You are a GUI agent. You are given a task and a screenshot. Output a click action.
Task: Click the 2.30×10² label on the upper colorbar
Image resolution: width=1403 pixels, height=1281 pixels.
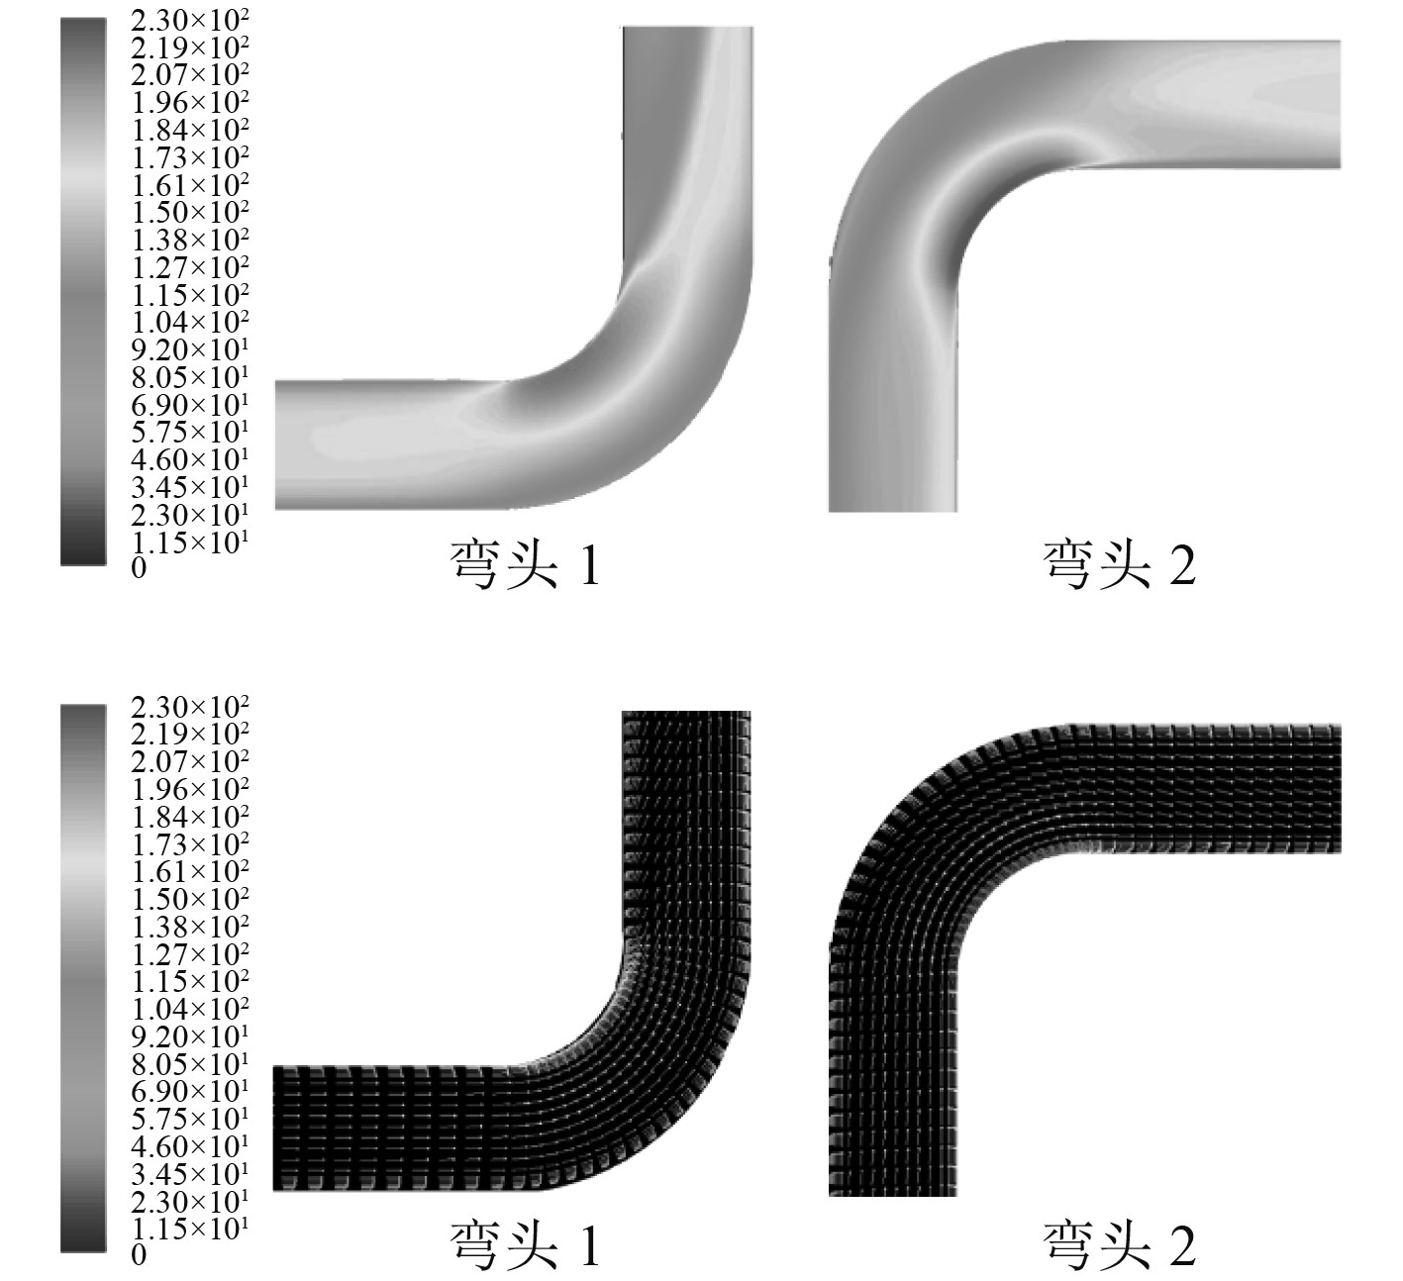(x=189, y=21)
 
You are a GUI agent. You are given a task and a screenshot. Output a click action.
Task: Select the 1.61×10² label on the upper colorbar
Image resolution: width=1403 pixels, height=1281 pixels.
(x=189, y=185)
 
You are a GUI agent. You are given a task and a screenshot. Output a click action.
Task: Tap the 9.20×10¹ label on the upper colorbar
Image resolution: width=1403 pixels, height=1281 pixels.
(x=189, y=349)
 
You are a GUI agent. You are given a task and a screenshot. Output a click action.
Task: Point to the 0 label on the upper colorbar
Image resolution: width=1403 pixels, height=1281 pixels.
(x=139, y=568)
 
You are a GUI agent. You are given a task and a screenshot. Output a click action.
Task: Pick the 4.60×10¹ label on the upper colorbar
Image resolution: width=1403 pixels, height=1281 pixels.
(x=189, y=459)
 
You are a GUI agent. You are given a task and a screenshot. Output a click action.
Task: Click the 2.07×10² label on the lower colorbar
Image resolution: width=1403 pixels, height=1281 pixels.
(x=189, y=761)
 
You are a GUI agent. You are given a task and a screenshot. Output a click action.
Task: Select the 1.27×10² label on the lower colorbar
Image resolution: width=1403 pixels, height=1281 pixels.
(x=189, y=954)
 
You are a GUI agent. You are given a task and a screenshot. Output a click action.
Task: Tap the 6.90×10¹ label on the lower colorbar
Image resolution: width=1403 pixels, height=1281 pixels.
(x=189, y=1091)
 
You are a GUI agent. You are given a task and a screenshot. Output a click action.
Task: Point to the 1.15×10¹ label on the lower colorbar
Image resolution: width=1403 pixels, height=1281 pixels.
(x=189, y=1229)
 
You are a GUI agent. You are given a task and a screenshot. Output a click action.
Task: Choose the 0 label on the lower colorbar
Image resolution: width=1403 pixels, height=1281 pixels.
(x=139, y=1255)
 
